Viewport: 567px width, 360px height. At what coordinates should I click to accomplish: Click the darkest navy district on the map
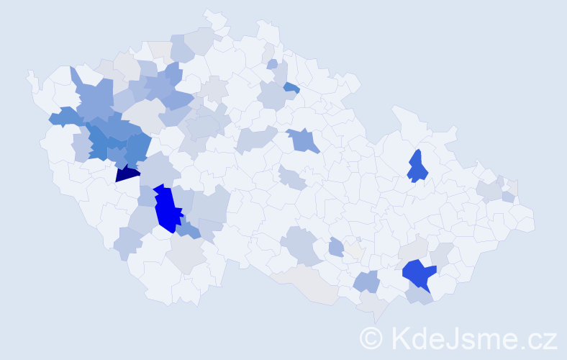click(127, 173)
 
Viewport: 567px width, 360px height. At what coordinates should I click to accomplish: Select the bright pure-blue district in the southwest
click(168, 209)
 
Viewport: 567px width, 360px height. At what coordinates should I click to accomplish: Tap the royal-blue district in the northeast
click(417, 167)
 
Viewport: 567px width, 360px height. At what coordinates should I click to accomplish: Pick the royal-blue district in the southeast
click(419, 273)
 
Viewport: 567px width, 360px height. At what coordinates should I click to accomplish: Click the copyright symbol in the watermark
click(371, 337)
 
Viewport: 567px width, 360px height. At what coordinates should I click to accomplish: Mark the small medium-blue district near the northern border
click(291, 88)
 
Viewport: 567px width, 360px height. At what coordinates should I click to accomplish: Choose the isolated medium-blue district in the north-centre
click(304, 140)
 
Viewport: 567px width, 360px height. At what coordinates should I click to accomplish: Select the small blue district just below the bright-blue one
click(189, 230)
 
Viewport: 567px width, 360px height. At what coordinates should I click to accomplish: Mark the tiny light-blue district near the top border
click(272, 64)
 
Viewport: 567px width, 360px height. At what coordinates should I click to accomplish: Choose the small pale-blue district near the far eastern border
click(508, 197)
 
